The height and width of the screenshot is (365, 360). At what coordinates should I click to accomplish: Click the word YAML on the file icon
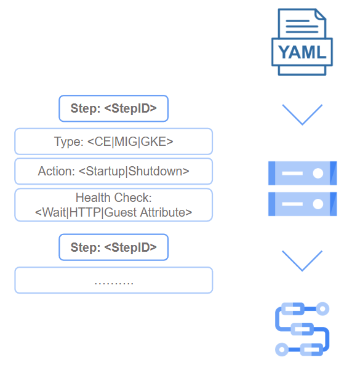coord(302,52)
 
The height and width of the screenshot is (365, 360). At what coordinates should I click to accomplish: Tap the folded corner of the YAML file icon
coord(321,14)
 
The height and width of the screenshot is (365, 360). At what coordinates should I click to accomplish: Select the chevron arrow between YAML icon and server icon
coord(302,114)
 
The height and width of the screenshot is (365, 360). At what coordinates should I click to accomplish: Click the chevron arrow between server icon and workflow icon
coord(302,261)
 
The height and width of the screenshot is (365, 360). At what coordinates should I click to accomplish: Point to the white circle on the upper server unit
coord(318,173)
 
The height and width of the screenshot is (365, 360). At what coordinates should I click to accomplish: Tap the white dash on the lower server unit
coord(292,204)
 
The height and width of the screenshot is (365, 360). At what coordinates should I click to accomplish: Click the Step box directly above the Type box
coord(114,108)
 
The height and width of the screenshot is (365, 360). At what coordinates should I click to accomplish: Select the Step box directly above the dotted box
coord(114,247)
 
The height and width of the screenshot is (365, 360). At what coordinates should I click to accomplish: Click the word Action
coord(57,171)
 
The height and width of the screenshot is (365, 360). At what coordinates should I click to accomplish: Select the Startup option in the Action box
coord(105,172)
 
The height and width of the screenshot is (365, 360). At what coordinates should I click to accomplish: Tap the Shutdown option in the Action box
coord(155,171)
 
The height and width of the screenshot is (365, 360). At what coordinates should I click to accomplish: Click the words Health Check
coord(114,198)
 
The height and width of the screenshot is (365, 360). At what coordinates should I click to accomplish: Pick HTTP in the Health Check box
coord(85,212)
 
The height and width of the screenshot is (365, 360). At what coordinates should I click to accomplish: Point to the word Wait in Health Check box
coord(54,212)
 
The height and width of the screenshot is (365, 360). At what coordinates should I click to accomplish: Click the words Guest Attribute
coord(144,212)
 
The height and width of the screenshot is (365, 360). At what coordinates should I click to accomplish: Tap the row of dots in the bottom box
coord(114,283)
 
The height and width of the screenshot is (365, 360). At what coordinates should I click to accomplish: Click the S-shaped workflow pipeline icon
coord(302,329)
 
